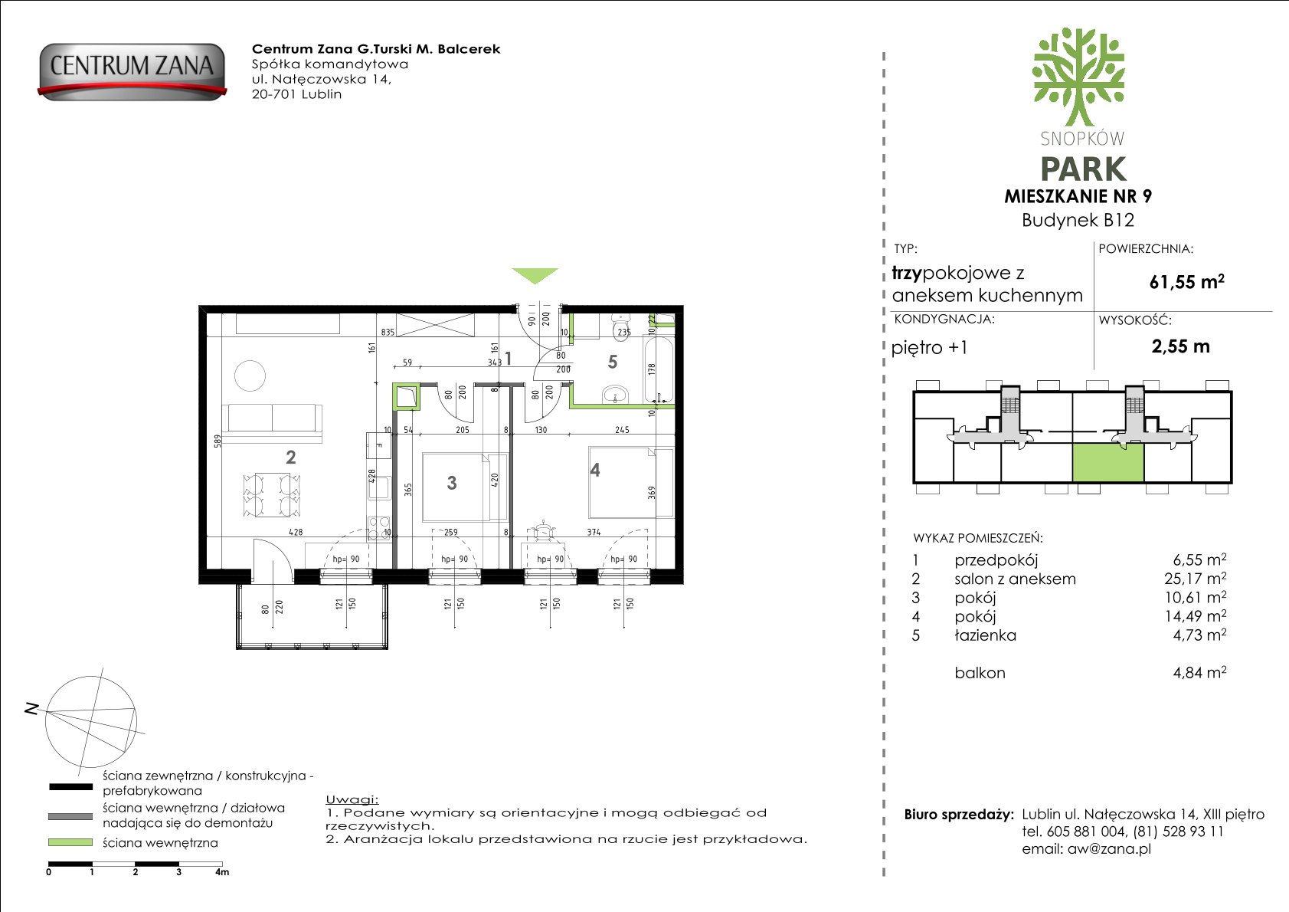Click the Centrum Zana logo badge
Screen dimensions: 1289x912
(132, 71)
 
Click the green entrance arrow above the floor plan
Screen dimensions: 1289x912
(535, 276)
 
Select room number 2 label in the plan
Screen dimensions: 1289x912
(290, 458)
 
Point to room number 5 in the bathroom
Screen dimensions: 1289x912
(612, 363)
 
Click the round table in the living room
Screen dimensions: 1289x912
(250, 376)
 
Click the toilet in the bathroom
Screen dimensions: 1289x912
(621, 326)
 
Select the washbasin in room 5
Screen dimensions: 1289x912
(616, 395)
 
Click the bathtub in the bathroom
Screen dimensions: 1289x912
(658, 369)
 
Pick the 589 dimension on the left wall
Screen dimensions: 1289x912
(218, 441)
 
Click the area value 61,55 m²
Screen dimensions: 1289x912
(1186, 281)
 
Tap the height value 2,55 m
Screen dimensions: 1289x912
(1181, 346)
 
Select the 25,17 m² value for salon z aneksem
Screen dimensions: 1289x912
(1196, 578)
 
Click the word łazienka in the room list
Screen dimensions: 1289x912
(985, 635)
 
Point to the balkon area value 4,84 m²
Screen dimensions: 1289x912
(1200, 672)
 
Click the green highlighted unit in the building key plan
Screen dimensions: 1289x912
(1107, 463)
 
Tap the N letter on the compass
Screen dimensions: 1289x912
(32, 710)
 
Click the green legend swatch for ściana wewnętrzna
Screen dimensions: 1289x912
(70, 842)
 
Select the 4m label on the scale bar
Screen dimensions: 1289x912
(222, 872)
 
